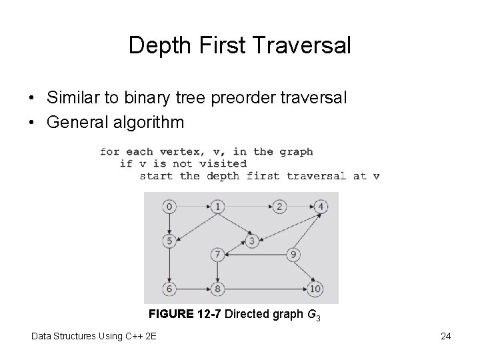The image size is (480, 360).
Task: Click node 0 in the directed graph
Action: point(169,207)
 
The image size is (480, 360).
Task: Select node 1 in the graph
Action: point(217,207)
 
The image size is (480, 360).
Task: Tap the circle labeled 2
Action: point(280,207)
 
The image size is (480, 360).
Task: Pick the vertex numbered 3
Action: point(251,241)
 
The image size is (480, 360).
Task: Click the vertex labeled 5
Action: point(169,241)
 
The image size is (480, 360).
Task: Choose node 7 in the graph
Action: point(217,255)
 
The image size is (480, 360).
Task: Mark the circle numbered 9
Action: point(293,255)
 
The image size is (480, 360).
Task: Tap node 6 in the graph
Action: point(169,289)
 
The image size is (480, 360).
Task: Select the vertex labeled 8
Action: point(217,289)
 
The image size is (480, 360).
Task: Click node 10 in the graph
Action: point(315,289)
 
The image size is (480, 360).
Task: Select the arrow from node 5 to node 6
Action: point(169,265)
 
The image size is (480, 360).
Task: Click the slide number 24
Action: point(446,336)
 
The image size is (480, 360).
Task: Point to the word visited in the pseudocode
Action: point(221,163)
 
